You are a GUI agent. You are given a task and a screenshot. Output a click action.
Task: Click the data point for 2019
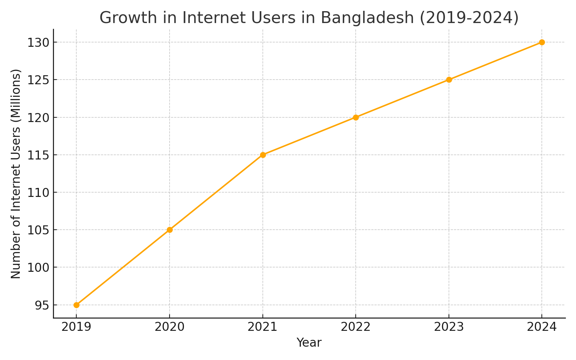pyautogui.click(x=76, y=305)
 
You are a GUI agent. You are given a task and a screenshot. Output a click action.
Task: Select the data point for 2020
pyautogui.click(x=170, y=230)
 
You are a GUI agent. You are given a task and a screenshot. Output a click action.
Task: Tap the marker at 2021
pyautogui.click(x=263, y=155)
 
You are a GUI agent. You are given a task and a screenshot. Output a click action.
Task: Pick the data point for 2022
pyautogui.click(x=356, y=117)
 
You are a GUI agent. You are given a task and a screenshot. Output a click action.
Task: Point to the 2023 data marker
pyautogui.click(x=449, y=80)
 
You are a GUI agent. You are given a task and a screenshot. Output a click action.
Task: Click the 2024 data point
pyautogui.click(x=542, y=42)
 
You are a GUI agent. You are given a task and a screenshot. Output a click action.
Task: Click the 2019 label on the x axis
pyautogui.click(x=76, y=327)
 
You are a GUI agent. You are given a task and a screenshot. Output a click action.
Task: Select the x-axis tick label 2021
pyautogui.click(x=263, y=327)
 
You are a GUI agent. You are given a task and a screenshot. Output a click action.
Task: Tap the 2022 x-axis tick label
pyautogui.click(x=356, y=327)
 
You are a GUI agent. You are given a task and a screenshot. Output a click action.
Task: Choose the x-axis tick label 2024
pyautogui.click(x=542, y=327)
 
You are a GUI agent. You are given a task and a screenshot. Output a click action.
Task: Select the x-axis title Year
pyautogui.click(x=309, y=343)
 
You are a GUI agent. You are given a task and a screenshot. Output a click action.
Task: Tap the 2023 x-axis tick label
pyautogui.click(x=449, y=327)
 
